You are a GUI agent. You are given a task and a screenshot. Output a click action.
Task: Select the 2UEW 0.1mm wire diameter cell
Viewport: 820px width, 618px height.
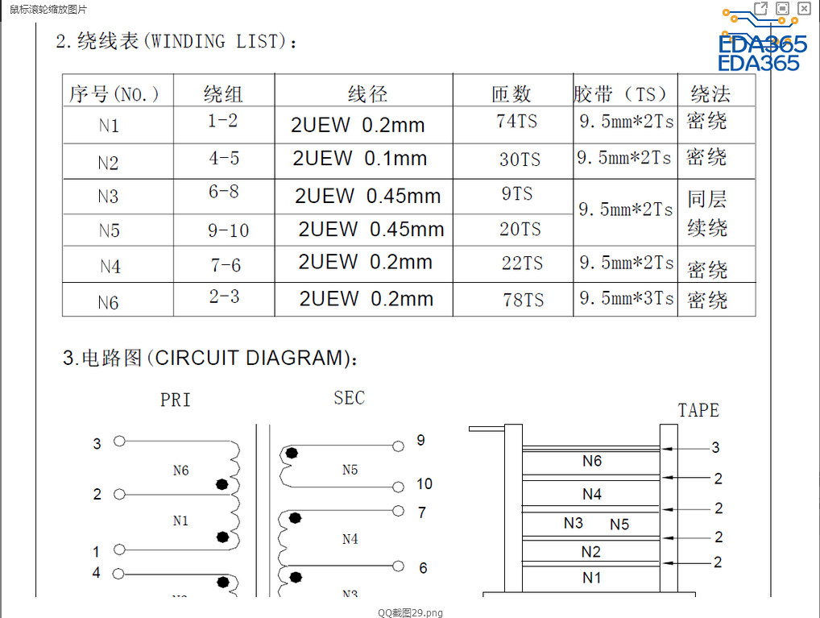(x=359, y=159)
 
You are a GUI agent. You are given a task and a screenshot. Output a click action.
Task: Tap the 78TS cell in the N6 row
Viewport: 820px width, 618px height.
(x=523, y=301)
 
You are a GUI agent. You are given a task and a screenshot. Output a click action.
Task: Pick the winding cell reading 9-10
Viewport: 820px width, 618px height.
(x=228, y=230)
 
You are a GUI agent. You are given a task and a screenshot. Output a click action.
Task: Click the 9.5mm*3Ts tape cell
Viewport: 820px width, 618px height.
(x=626, y=298)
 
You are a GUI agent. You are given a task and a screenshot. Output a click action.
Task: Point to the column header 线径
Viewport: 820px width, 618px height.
(x=367, y=94)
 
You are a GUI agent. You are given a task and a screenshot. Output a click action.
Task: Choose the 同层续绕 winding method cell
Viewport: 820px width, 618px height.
(x=707, y=213)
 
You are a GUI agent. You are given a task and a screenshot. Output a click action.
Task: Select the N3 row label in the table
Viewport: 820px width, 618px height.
(x=108, y=197)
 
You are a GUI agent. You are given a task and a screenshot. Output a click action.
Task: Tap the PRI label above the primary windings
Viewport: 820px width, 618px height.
(x=175, y=400)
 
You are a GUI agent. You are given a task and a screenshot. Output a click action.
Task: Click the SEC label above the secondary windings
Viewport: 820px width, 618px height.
(x=349, y=397)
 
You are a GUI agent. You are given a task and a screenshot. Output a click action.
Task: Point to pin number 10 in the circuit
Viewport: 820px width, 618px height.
(x=424, y=483)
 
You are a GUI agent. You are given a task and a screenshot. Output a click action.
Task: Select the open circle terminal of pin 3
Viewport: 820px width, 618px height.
(x=119, y=442)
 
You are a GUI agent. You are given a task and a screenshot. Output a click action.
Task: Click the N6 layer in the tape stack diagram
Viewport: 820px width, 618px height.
(x=591, y=461)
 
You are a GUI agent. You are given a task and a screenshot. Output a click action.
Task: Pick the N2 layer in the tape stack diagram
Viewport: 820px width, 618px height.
(x=591, y=552)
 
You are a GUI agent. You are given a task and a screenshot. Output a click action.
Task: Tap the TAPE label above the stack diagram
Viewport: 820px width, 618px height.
(x=698, y=410)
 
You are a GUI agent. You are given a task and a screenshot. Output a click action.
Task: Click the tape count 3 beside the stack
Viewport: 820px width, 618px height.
(x=715, y=447)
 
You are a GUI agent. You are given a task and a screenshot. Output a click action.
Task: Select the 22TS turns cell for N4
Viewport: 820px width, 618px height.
(x=521, y=263)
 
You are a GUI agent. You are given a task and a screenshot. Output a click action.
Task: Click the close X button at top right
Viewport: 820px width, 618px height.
(x=804, y=8)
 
